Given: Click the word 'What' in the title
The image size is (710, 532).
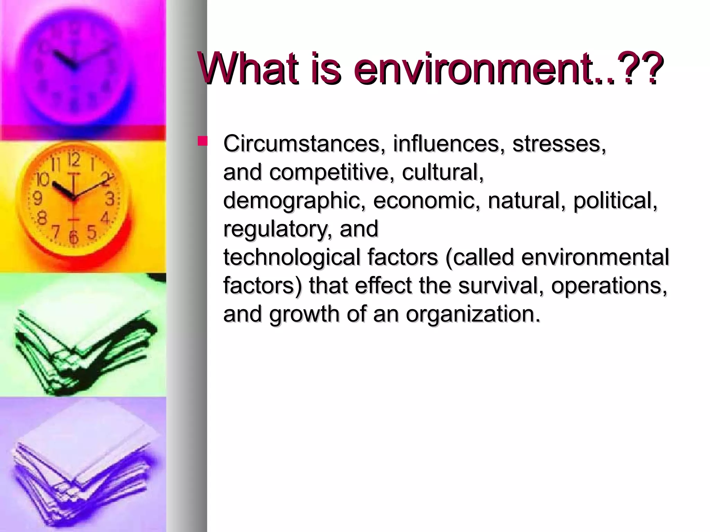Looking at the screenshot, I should (x=248, y=68).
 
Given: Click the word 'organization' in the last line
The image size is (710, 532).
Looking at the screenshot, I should (x=473, y=314).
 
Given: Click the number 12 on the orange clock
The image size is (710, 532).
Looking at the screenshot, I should (x=74, y=160).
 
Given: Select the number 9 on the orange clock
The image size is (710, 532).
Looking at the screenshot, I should (x=37, y=199).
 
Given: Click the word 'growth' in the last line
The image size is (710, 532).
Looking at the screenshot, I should (x=304, y=314).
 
